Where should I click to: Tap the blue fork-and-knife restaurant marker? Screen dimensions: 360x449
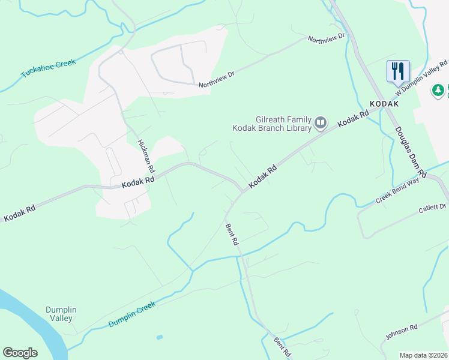tap(398, 71)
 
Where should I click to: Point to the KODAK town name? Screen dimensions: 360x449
tap(384, 104)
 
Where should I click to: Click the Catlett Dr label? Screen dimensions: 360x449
tap(433, 208)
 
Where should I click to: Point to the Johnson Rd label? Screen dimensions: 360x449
tap(401, 332)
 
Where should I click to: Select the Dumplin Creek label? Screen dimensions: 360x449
tap(132, 314)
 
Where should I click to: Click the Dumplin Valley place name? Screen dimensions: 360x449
tap(61, 314)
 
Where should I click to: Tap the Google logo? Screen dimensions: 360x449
tap(20, 353)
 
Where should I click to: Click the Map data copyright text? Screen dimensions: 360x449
tap(423, 355)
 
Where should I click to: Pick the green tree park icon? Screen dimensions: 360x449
tap(439, 91)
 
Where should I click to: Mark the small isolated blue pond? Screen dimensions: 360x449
tap(159, 337)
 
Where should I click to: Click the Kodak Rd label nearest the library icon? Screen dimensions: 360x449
tap(352, 118)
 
